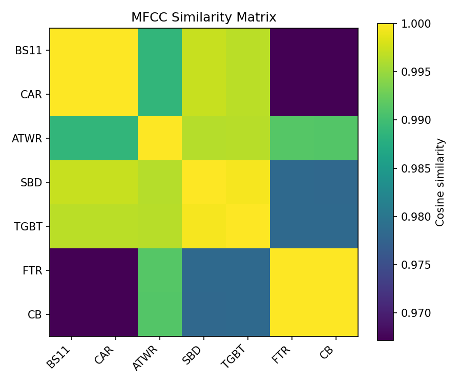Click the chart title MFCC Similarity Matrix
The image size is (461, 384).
pyautogui.click(x=203, y=17)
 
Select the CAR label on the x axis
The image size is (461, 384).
pyautogui.click(x=106, y=355)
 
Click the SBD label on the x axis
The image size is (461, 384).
pyautogui.click(x=193, y=355)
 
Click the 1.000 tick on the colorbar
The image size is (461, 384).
pyautogui.click(x=416, y=24)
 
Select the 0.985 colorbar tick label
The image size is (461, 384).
pyautogui.click(x=416, y=168)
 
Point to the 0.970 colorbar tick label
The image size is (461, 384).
pyautogui.click(x=416, y=313)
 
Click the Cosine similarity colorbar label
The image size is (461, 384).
pyautogui.click(x=440, y=182)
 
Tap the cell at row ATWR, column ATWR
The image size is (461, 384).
pyautogui.click(x=160, y=138)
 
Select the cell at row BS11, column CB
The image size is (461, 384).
pyautogui.click(x=336, y=50)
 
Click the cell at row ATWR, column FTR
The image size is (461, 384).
pyautogui.click(x=292, y=138)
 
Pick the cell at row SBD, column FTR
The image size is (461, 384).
pyautogui.click(x=292, y=182)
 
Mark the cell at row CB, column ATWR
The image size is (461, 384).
pyautogui.click(x=160, y=314)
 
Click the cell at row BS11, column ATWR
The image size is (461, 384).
pyautogui.click(x=160, y=50)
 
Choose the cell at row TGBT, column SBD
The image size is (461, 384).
pyautogui.click(x=204, y=226)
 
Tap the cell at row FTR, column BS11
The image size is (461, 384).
pyautogui.click(x=72, y=270)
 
